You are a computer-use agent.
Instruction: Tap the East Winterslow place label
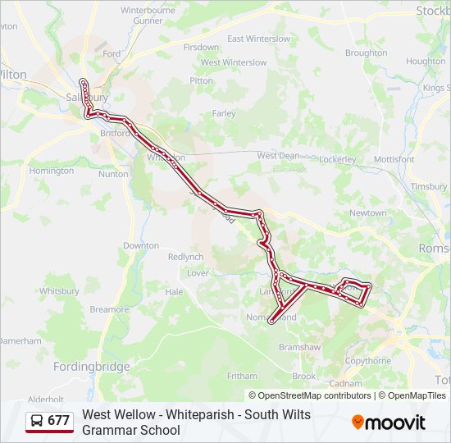click(259, 39)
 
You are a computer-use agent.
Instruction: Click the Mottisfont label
click(394, 158)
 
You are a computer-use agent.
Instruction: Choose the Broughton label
click(366, 53)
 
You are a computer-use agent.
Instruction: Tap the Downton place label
click(140, 245)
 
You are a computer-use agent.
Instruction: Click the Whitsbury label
click(59, 290)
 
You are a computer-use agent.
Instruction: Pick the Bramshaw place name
click(299, 347)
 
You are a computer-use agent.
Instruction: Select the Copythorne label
click(367, 361)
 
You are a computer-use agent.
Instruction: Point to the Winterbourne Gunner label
click(148, 15)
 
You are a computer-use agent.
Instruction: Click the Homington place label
click(51, 171)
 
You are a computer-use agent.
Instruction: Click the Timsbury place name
click(429, 187)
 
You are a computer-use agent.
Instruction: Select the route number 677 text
click(58, 421)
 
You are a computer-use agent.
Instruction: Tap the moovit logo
click(389, 422)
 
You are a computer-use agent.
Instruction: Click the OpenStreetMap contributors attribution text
click(310, 395)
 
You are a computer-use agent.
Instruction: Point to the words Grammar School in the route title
click(130, 430)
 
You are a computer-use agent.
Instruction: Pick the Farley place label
click(224, 113)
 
